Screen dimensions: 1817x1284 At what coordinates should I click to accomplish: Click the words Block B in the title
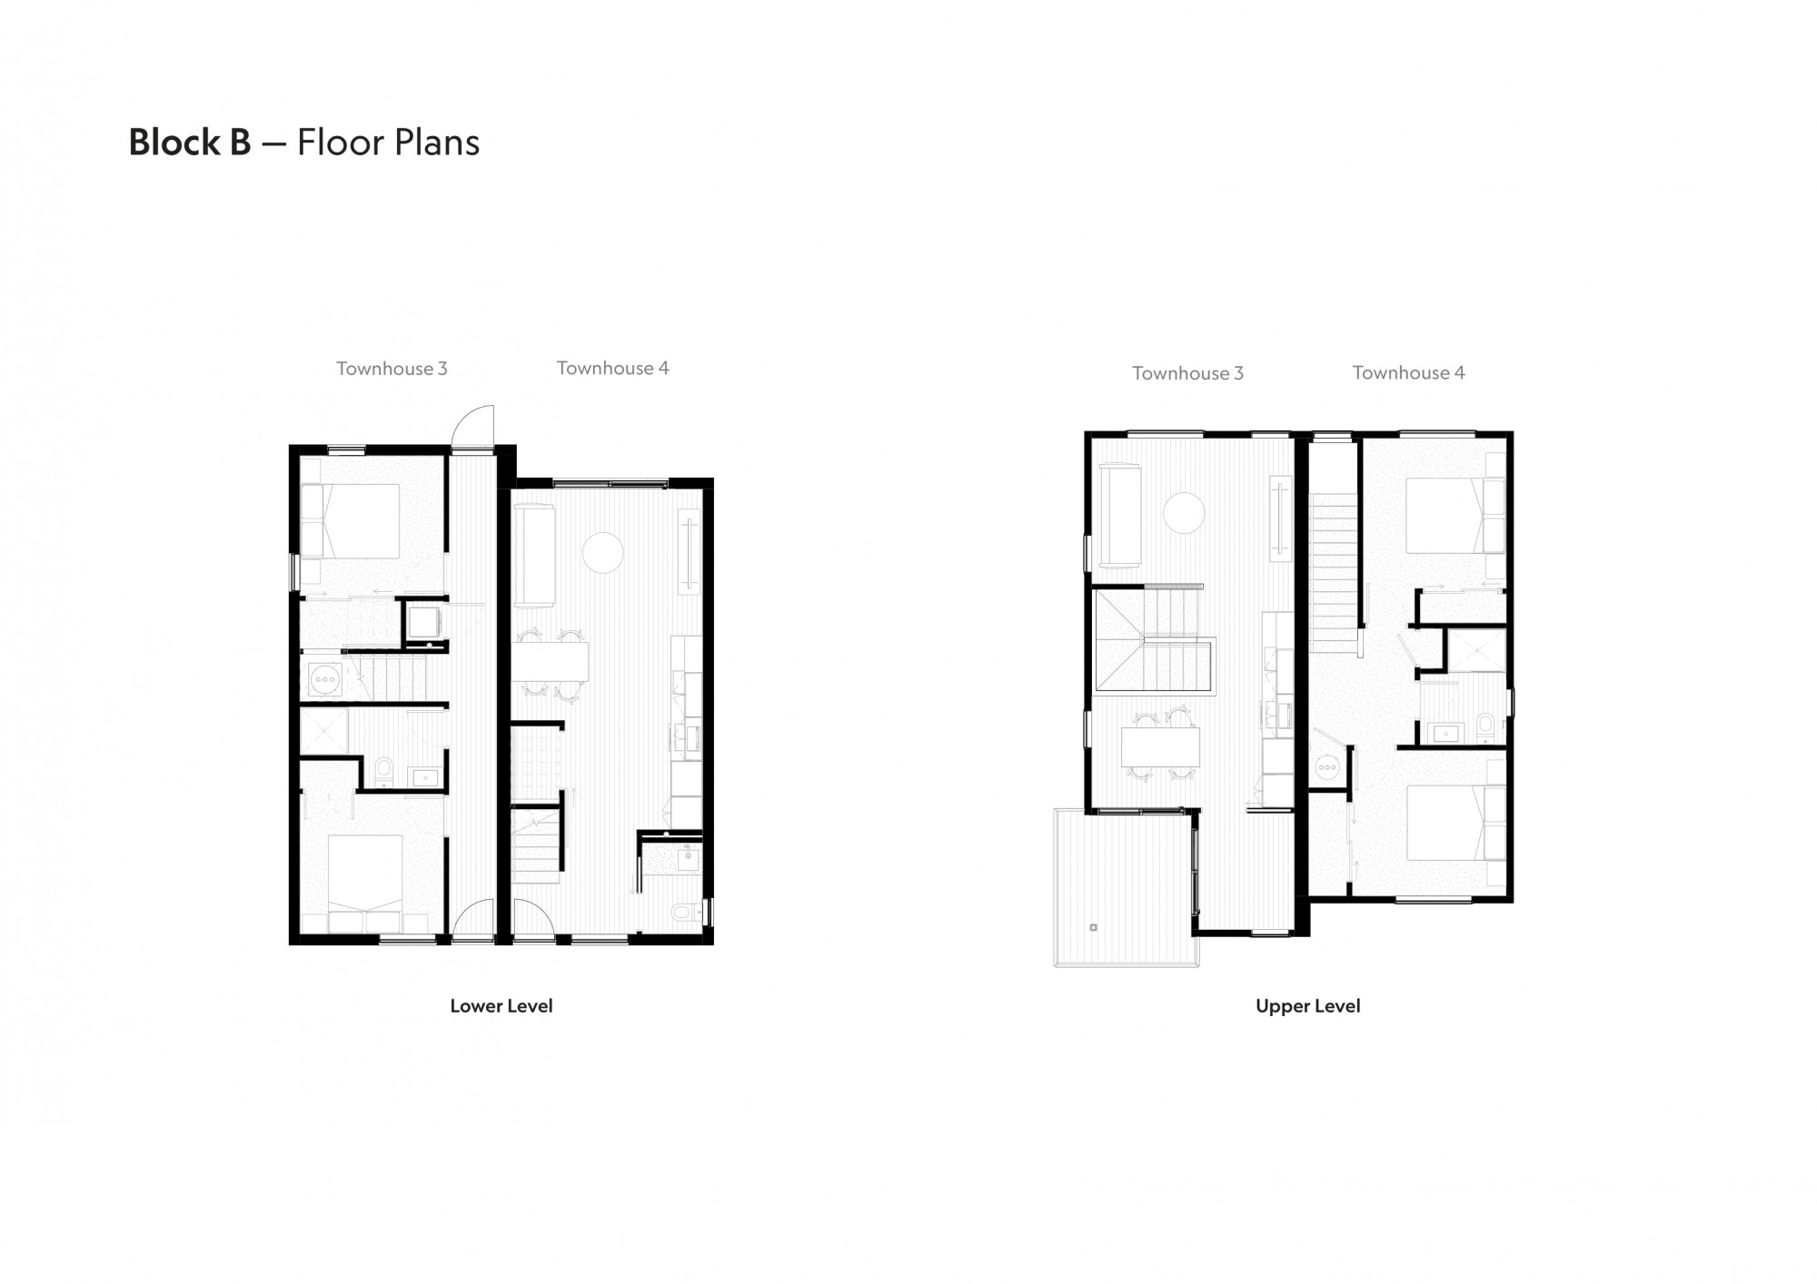pyautogui.click(x=190, y=143)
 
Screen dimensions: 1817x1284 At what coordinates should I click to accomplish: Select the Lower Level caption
pyautogui.click(x=501, y=1006)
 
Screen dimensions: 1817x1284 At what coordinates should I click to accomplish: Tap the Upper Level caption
pyautogui.click(x=1307, y=1006)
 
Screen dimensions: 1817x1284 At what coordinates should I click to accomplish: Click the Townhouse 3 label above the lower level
pyautogui.click(x=392, y=369)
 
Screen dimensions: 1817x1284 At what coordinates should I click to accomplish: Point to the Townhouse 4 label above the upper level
pyautogui.click(x=1408, y=372)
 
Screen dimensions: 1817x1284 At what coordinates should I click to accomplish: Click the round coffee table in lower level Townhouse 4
pyautogui.click(x=602, y=552)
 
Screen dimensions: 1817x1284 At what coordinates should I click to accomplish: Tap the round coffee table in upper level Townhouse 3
pyautogui.click(x=1185, y=513)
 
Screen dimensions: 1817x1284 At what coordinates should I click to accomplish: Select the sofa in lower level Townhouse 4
pyautogui.click(x=533, y=556)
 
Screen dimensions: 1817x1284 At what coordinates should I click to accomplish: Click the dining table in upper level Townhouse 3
pyautogui.click(x=1160, y=747)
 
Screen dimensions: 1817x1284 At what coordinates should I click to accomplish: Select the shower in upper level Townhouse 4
pyautogui.click(x=1477, y=650)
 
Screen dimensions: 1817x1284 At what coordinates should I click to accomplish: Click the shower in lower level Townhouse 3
pyautogui.click(x=323, y=733)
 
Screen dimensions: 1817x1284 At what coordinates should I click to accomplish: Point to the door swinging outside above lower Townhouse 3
pyautogui.click(x=474, y=425)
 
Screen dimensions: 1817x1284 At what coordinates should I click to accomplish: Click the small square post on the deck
pyautogui.click(x=1093, y=927)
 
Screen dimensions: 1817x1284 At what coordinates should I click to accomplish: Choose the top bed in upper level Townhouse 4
pyautogui.click(x=1454, y=515)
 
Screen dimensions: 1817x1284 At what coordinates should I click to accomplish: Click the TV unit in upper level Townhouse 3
pyautogui.click(x=1280, y=518)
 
